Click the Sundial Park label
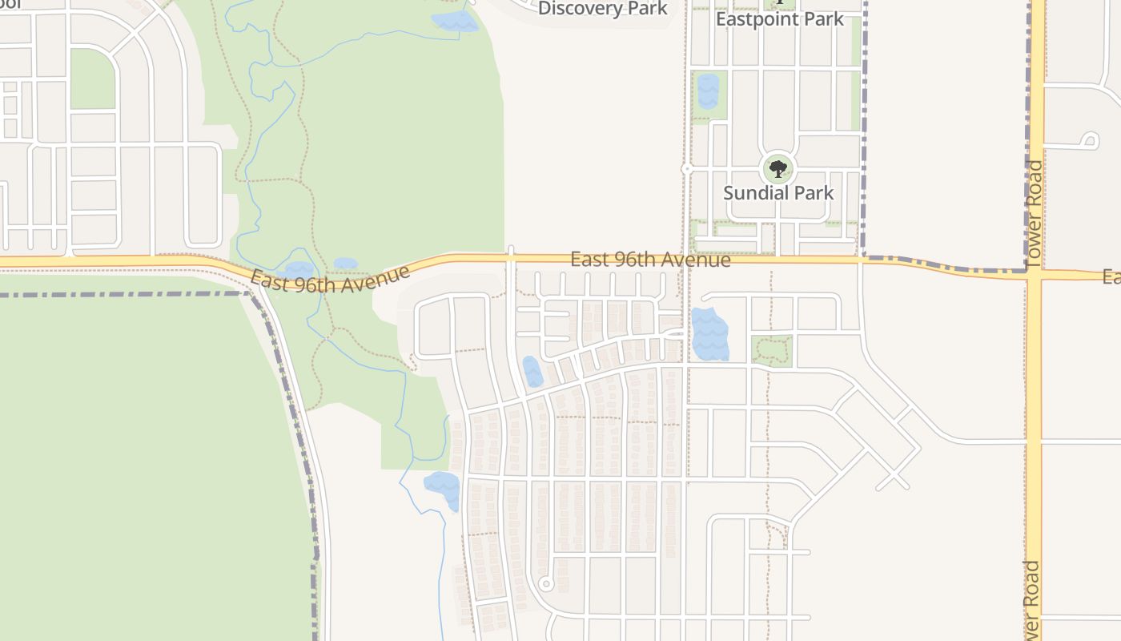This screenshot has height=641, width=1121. click(x=778, y=193)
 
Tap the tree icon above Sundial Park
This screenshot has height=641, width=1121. click(x=778, y=168)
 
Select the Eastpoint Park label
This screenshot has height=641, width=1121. click(x=780, y=19)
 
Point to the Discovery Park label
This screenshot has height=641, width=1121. click(x=602, y=9)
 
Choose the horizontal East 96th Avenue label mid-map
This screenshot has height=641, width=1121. click(x=650, y=260)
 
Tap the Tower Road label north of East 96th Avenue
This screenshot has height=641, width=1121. click(x=1035, y=212)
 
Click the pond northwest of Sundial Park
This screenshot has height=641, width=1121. click(x=708, y=91)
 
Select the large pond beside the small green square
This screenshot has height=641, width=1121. click(x=709, y=334)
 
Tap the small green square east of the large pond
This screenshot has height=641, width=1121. click(x=772, y=351)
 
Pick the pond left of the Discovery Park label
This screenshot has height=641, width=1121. click(x=454, y=21)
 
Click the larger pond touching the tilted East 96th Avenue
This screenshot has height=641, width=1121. click(x=298, y=271)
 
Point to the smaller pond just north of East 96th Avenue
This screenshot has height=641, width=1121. click(x=346, y=263)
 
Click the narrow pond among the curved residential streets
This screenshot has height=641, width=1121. click(x=532, y=372)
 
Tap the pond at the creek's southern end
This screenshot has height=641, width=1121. click(x=443, y=489)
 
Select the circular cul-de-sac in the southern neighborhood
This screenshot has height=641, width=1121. click(x=545, y=583)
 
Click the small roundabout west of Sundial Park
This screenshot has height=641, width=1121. click(x=686, y=169)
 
